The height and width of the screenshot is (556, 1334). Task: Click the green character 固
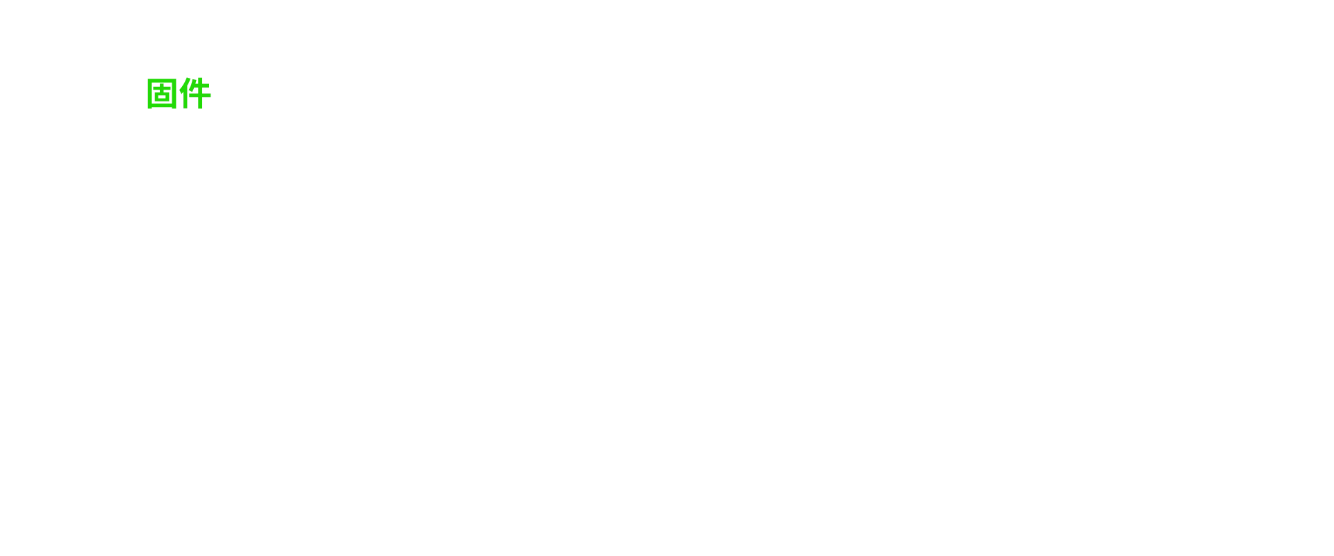[162, 94]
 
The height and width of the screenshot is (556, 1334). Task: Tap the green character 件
[195, 94]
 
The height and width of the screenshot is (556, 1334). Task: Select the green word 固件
[179, 94]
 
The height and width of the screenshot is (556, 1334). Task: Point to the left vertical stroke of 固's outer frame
[149, 94]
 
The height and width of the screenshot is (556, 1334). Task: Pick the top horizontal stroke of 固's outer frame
[162, 81]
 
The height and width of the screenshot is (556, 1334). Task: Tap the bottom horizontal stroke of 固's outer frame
[162, 106]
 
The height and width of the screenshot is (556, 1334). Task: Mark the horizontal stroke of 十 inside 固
[162, 89]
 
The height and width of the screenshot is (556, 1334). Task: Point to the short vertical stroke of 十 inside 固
[162, 88]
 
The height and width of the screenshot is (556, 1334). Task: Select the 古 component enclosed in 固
[162, 93]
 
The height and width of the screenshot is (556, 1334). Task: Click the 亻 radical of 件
[184, 94]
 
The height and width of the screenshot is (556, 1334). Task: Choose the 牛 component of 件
[201, 94]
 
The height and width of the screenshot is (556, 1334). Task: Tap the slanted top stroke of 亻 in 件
[185, 85]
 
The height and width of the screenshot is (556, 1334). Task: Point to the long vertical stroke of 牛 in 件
[201, 94]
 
